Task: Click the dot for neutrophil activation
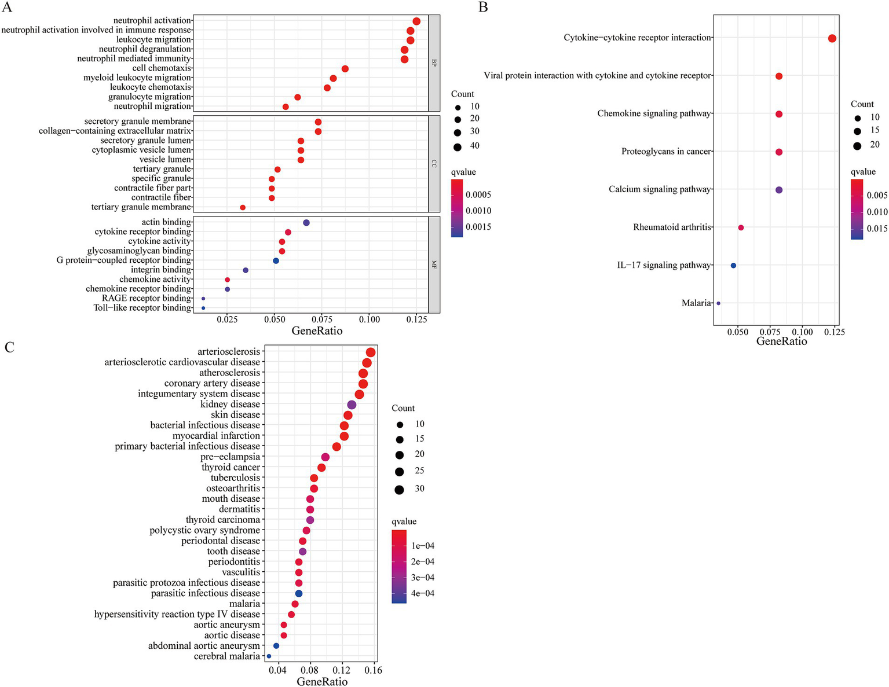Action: point(416,21)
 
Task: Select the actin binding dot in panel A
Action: point(306,223)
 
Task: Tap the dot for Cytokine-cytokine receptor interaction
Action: point(832,39)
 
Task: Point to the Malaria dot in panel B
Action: point(718,303)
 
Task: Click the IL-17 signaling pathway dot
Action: point(733,266)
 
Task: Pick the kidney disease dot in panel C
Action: point(352,405)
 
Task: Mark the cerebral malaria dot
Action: point(269,656)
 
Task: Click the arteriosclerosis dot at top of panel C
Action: point(371,352)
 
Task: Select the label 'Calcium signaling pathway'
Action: point(660,189)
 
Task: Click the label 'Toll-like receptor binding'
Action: point(142,308)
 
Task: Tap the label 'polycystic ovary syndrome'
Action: point(204,530)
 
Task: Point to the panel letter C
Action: point(9,347)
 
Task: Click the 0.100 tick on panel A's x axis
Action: point(369,319)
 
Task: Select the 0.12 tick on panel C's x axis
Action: point(342,670)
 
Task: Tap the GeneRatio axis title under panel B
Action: point(781,341)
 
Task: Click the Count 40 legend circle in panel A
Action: point(458,147)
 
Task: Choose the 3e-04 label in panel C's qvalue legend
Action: point(423,578)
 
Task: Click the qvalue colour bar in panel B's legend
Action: point(857,209)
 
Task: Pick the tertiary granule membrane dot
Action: point(243,208)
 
